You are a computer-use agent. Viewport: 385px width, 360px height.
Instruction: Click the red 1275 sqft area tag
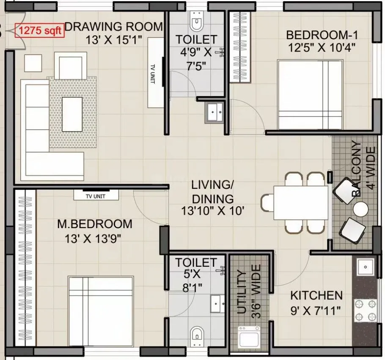(x=40, y=30)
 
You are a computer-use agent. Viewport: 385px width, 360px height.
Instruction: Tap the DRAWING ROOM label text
(x=114, y=27)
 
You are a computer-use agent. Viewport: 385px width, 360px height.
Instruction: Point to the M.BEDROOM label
(x=95, y=223)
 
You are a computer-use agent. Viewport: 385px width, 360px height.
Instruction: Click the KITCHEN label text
(x=316, y=295)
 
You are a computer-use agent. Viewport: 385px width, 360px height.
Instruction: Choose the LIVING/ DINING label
(x=212, y=191)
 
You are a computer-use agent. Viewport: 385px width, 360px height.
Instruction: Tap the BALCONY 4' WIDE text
(x=363, y=169)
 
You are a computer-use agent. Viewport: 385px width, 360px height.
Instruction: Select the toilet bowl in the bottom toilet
(x=196, y=334)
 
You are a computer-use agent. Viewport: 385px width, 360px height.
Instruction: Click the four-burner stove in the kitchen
(x=365, y=310)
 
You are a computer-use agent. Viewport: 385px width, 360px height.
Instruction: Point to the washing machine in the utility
(x=249, y=336)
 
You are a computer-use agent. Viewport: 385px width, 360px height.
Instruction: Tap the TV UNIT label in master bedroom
(x=96, y=196)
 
